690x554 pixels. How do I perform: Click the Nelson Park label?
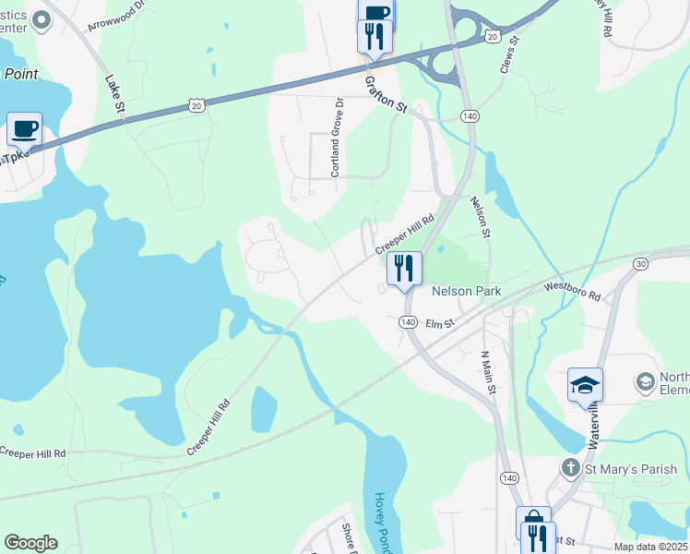[x=466, y=291]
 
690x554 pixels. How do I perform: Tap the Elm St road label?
[x=440, y=324]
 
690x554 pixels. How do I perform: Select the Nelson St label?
[x=478, y=217]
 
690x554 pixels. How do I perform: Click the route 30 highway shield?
[x=640, y=264]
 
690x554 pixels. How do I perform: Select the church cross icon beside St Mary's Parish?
[x=571, y=469]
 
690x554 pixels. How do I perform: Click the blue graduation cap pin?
[x=585, y=385]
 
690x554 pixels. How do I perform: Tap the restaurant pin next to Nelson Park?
[x=404, y=269]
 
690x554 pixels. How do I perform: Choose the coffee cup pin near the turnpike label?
[x=24, y=128]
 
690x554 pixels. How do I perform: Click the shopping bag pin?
[x=533, y=522]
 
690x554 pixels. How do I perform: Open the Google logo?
[x=30, y=543]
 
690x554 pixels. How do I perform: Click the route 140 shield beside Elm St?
[x=408, y=322]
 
